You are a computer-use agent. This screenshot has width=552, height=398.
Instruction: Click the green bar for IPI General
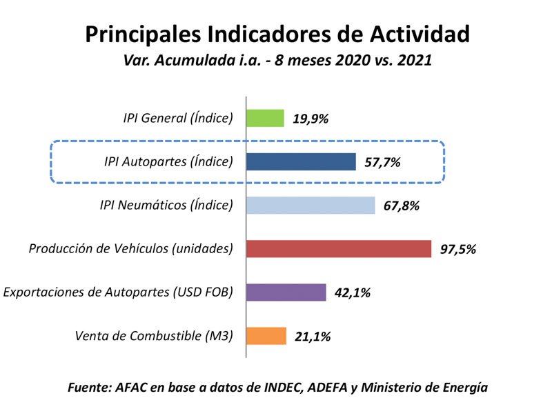(x=266, y=118)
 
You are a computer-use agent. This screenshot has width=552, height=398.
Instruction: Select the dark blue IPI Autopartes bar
(x=301, y=161)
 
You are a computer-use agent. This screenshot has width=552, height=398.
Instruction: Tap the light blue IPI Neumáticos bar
(x=310, y=205)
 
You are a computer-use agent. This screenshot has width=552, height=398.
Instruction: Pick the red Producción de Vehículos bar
(x=339, y=248)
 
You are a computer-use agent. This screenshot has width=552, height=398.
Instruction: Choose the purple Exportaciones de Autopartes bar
(x=286, y=292)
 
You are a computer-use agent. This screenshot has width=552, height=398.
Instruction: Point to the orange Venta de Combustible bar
(x=266, y=336)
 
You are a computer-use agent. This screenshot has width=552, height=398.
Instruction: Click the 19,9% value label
(x=310, y=119)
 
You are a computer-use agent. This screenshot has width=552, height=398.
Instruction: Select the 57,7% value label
(x=382, y=162)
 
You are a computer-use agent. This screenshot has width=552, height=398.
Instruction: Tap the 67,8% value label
(x=402, y=206)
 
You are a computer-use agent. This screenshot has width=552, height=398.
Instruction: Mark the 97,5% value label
(x=457, y=249)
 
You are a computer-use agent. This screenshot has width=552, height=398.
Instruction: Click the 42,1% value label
(x=353, y=293)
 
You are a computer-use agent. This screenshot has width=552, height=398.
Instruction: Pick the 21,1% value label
(x=313, y=337)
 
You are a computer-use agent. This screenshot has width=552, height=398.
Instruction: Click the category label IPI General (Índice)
(x=173, y=118)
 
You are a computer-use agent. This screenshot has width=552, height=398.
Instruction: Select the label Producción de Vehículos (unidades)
(x=130, y=248)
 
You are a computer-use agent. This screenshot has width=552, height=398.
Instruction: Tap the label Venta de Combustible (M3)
(x=154, y=336)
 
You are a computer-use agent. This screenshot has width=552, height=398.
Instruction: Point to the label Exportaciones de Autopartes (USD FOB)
(x=118, y=292)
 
